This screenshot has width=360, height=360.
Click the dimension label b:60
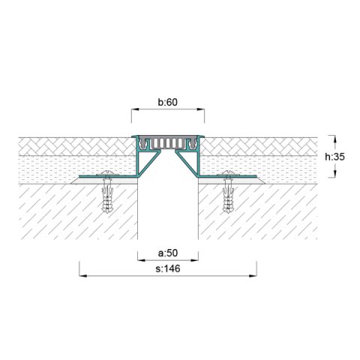click(x=168, y=103)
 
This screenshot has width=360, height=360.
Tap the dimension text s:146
click(x=168, y=267)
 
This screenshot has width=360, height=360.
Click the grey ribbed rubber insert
click(x=168, y=142)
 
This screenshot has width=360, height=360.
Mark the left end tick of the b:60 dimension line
click(x=132, y=115)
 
